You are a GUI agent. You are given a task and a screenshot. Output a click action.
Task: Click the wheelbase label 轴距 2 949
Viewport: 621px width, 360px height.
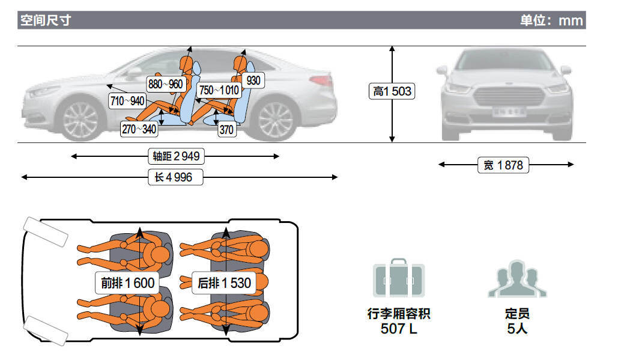pyautogui.click(x=176, y=156)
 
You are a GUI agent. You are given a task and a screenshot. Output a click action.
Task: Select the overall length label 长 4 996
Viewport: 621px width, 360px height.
pyautogui.click(x=175, y=177)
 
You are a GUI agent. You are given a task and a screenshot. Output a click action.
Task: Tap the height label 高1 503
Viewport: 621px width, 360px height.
pyautogui.click(x=392, y=91)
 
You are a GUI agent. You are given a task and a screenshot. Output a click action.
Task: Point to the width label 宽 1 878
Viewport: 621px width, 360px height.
pyautogui.click(x=503, y=165)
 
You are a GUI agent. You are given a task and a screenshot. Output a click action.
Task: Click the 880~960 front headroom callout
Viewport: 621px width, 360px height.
pyautogui.click(x=165, y=84)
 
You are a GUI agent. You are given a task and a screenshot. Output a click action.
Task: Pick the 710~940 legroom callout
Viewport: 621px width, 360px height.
pyautogui.click(x=127, y=101)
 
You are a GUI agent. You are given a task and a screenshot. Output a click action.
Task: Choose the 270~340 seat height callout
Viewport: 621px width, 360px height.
pyautogui.click(x=139, y=129)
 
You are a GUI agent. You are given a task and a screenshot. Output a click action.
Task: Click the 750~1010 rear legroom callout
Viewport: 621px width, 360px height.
pyautogui.click(x=219, y=90)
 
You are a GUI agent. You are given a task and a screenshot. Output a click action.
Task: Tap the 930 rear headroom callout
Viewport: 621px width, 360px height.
pyautogui.click(x=253, y=81)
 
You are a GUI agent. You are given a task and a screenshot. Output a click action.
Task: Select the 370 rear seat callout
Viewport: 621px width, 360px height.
pyautogui.click(x=226, y=129)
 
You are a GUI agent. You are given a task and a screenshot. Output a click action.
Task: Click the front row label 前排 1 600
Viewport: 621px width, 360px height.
pyautogui.click(x=127, y=282)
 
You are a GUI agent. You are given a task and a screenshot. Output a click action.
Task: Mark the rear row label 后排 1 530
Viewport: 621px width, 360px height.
pyautogui.click(x=224, y=282)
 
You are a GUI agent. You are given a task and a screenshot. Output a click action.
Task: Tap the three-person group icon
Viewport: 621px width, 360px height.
pyautogui.click(x=517, y=279)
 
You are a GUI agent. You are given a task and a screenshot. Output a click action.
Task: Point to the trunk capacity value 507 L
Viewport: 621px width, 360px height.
pyautogui.click(x=399, y=329)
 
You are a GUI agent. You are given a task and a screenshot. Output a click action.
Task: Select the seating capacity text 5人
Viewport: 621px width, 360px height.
pyautogui.click(x=517, y=329)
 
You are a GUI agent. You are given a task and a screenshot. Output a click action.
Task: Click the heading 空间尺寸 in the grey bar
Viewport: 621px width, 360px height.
pyautogui.click(x=46, y=20)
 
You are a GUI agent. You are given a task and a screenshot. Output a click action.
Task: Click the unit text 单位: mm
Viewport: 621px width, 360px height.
pyautogui.click(x=551, y=20)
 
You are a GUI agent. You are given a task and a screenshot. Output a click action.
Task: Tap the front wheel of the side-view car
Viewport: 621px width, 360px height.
pyautogui.click(x=81, y=120)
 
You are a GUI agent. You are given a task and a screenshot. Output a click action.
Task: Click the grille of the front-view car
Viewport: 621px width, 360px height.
pyautogui.click(x=509, y=96)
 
